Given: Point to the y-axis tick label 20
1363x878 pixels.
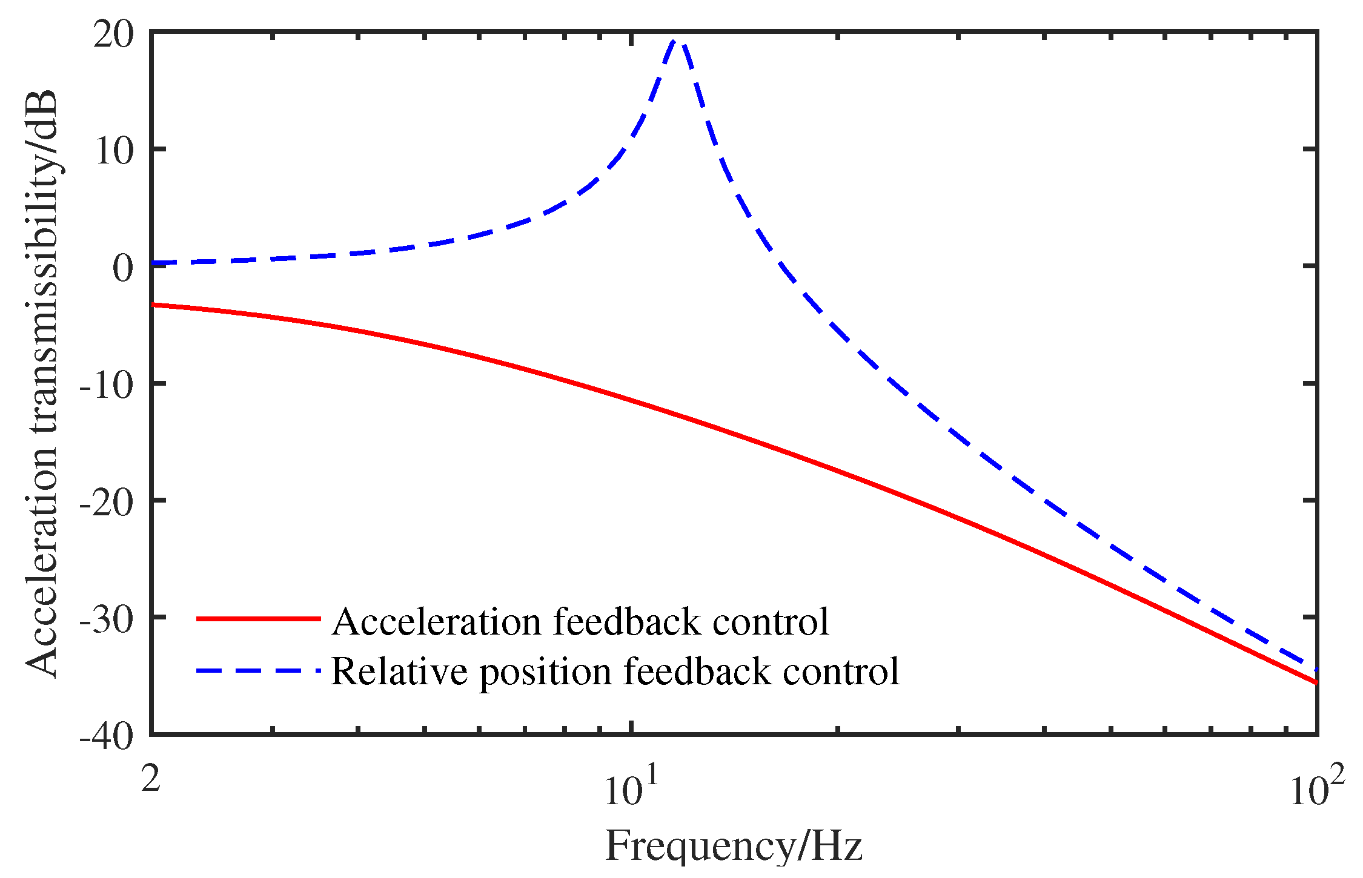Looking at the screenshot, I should pyautogui.click(x=113, y=35).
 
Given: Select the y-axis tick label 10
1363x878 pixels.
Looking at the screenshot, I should pyautogui.click(x=113, y=151).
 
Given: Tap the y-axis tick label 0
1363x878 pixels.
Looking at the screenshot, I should pyautogui.click(x=123, y=268).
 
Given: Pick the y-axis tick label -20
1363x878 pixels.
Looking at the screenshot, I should pyautogui.click(x=106, y=502).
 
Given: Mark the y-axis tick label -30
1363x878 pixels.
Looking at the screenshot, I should pyautogui.click(x=106, y=619).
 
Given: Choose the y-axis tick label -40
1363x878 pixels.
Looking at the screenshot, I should pyautogui.click(x=106, y=736).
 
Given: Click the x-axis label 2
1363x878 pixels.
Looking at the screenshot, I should pyautogui.click(x=151, y=778).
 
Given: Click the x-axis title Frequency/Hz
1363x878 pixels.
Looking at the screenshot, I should pyautogui.click(x=734, y=846).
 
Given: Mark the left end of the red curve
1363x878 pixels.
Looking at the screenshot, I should pyautogui.click(x=152, y=305).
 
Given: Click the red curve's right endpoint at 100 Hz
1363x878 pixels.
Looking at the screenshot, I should pyautogui.click(x=1316, y=682).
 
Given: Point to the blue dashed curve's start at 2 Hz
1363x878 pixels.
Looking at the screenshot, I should pyautogui.click(x=152, y=263).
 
